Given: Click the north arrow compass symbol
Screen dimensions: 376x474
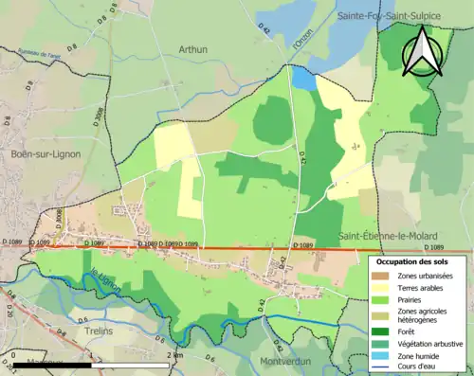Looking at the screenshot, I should (422, 52).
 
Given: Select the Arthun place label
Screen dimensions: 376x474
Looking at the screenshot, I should (194, 48).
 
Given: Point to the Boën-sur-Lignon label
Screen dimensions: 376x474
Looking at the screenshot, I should (46, 153).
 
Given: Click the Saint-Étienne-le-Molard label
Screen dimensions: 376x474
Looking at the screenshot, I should (386, 232).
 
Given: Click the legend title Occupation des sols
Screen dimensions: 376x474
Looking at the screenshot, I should (413, 260).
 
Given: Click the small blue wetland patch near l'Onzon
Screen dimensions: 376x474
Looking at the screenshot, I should (302, 77).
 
